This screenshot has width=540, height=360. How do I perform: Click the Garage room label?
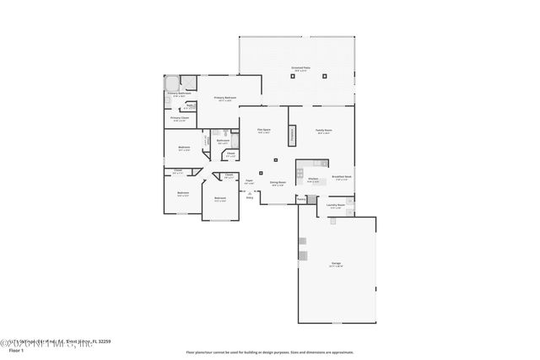336,265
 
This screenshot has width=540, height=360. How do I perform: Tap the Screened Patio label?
300,69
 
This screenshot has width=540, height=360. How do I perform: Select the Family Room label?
324,131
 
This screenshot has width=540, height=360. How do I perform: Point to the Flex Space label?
263,130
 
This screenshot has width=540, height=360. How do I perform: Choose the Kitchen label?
312,179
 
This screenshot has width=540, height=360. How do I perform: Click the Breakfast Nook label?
341,177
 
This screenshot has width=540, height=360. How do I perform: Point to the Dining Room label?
278,182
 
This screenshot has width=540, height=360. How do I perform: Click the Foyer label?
249,181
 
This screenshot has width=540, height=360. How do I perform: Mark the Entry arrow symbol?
249,193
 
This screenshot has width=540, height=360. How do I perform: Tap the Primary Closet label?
179,119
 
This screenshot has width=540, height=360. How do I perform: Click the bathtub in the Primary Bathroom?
171,83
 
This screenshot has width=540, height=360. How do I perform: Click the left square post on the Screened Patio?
277,76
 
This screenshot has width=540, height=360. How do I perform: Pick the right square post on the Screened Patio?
326,76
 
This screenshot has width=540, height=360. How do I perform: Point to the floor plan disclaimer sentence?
269,352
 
